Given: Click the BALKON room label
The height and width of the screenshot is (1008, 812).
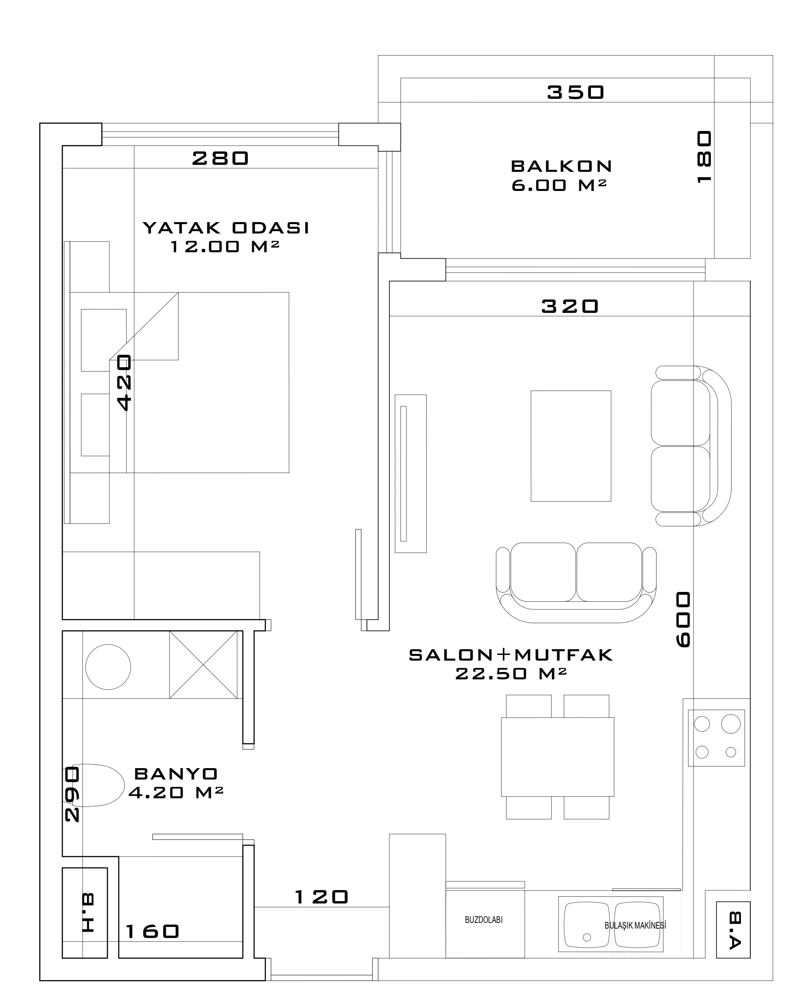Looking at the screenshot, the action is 561,166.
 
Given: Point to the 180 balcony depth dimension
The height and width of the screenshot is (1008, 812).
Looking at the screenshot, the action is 704,157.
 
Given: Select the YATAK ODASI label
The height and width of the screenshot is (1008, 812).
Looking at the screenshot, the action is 226,228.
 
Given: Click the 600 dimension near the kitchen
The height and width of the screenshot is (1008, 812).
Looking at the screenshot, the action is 683,620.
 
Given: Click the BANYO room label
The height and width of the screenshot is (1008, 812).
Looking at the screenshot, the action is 176,774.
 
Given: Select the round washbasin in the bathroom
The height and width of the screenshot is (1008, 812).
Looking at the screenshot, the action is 108,667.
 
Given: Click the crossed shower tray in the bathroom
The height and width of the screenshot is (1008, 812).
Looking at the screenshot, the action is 204,665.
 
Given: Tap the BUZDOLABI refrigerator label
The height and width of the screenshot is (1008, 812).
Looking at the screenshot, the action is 484,920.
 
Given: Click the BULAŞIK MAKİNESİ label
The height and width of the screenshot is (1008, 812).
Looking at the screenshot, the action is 635,925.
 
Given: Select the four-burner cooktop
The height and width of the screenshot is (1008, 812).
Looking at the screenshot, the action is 716,738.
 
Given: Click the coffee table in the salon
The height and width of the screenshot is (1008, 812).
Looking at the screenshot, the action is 571,446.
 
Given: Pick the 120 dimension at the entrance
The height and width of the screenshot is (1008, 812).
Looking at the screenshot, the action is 322,897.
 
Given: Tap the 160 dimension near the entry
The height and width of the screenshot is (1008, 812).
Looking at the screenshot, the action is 152,931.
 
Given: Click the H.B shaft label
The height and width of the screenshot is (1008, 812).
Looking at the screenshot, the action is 88,913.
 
